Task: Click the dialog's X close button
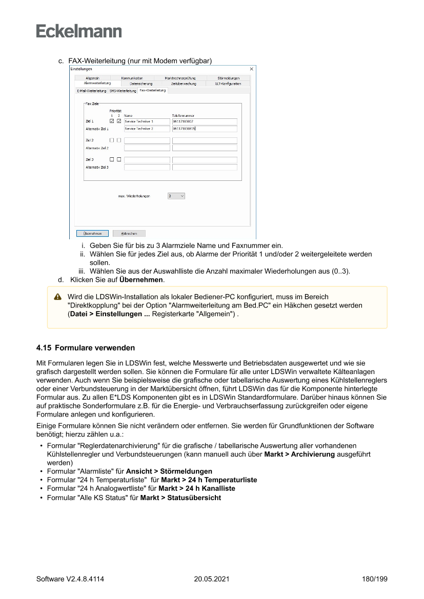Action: [251, 69]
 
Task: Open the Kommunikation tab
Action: [132, 78]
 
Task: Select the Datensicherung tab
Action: [140, 83]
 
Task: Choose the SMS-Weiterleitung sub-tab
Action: [123, 91]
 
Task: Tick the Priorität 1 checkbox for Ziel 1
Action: [112, 121]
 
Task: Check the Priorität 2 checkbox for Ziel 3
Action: [119, 159]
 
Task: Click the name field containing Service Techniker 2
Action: [147, 129]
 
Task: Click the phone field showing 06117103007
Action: [205, 121]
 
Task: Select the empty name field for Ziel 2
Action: [147, 140]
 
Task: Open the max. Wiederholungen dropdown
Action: [176, 196]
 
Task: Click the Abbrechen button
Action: [129, 233]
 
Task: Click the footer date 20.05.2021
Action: [211, 580]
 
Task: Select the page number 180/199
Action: [374, 580]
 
